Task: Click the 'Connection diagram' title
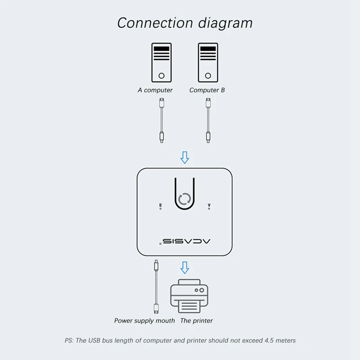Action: (184, 22)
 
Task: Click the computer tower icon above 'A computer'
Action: (161, 62)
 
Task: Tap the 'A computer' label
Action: (155, 90)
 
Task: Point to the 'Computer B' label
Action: (207, 90)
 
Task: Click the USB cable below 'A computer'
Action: (162, 121)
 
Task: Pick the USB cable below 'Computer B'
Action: (208, 121)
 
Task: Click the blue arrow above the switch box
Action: (184, 157)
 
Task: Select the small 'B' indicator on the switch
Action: (161, 206)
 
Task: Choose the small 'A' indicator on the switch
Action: (209, 206)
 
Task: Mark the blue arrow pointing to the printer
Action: (184, 267)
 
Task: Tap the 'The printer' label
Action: (196, 321)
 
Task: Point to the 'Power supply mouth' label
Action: (144, 321)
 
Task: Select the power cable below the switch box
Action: (156, 288)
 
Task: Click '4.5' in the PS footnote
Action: (264, 341)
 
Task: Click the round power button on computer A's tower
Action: (161, 76)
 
